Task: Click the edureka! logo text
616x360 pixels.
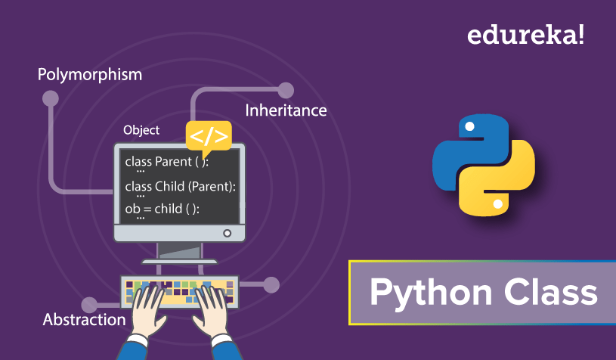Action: [525, 35]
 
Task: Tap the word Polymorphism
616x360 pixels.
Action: [90, 75]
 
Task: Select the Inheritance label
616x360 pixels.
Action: [286, 110]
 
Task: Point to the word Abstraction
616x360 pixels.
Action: [84, 319]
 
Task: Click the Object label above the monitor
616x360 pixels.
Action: [141, 130]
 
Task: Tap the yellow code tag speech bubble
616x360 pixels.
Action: [209, 138]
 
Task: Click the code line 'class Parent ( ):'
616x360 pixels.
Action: [167, 162]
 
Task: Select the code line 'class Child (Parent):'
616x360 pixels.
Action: [181, 186]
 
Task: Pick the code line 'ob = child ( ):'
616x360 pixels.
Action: [163, 209]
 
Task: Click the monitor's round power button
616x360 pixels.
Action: [227, 233]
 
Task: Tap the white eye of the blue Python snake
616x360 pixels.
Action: [469, 126]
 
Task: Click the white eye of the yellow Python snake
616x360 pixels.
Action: [498, 204]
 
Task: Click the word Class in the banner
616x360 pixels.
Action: [551, 292]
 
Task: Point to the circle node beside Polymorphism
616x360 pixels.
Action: [51, 98]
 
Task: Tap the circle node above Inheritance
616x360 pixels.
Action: [286, 91]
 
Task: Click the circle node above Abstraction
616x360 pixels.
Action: [89, 305]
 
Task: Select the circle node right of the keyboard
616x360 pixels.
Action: [271, 285]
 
